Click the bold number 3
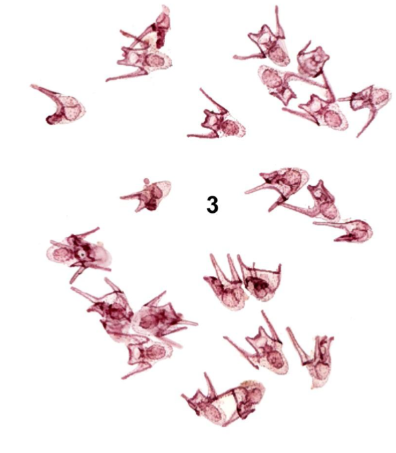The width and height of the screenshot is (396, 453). click(212, 205)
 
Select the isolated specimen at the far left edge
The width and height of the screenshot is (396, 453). click(61, 106)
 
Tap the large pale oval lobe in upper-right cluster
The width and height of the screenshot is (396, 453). click(271, 80)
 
